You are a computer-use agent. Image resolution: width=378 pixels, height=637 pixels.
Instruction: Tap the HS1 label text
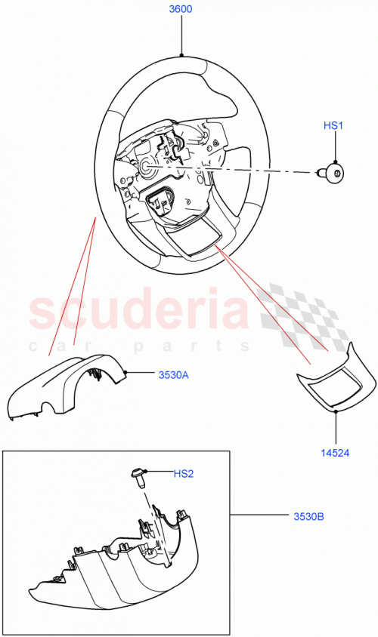click(x=334, y=126)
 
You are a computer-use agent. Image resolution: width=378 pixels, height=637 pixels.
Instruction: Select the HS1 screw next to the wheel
click(x=333, y=174)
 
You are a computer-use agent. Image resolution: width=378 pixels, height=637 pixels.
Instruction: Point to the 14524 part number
click(x=335, y=454)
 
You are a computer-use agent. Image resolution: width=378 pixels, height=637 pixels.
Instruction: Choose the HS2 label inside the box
click(x=184, y=474)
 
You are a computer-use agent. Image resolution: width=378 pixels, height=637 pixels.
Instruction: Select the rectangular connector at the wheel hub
click(x=161, y=202)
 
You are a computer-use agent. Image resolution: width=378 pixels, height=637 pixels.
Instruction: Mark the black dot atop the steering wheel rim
click(x=181, y=54)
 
